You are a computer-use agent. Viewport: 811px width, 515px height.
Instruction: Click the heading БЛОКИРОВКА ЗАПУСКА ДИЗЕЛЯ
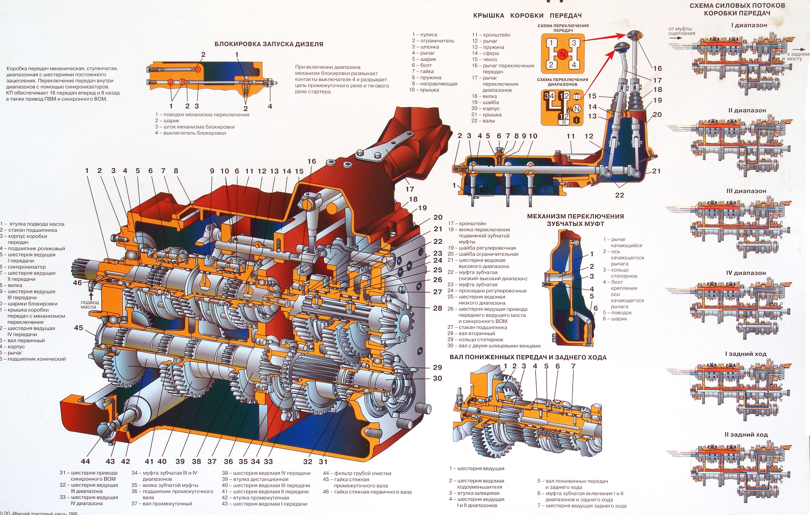(269, 44)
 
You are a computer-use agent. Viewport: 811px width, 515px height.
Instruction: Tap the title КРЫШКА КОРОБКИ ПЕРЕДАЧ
(527, 16)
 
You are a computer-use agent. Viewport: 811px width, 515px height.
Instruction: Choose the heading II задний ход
(746, 435)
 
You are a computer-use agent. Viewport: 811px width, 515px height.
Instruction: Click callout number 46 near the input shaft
(77, 283)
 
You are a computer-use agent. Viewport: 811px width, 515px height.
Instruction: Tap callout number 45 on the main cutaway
(78, 328)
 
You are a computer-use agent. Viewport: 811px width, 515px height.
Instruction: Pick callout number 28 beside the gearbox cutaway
(437, 308)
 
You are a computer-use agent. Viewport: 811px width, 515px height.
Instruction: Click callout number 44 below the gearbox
(85, 461)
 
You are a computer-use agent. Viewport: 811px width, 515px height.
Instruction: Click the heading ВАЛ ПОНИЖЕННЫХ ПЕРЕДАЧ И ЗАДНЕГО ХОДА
(528, 357)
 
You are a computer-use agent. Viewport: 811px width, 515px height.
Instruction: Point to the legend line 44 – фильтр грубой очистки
(357, 473)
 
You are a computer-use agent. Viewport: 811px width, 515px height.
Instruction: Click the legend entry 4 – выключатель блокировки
(190, 133)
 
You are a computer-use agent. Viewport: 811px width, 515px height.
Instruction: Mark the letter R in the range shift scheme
(564, 123)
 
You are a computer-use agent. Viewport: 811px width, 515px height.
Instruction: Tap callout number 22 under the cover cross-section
(619, 195)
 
